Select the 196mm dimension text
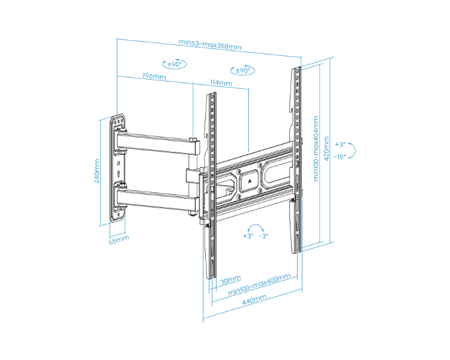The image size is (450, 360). click(x=154, y=77)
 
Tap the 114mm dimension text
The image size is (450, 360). click(x=221, y=83)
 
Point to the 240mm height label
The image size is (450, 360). click(x=97, y=171)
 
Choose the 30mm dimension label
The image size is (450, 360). click(x=230, y=279)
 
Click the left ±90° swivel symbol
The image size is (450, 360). click(x=174, y=64)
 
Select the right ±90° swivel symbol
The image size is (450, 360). click(x=242, y=70)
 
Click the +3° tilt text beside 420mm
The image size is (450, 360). click(x=340, y=145)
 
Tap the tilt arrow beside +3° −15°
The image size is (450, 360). click(x=353, y=150)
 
